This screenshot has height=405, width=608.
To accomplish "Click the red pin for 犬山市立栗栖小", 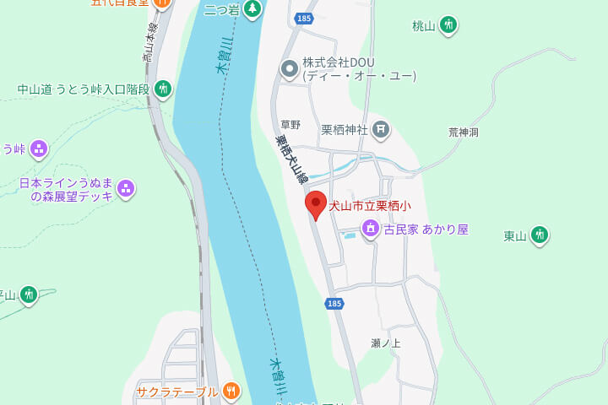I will tap(316, 205).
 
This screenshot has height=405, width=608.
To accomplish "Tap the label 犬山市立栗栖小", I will tap(370, 206).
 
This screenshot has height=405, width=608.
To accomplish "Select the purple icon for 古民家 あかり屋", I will tap(370, 228).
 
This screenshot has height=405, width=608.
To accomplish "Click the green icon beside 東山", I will tap(539, 235).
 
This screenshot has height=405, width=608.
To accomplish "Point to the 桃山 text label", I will tap(423, 26).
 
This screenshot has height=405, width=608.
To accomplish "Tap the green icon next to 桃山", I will tap(448, 25).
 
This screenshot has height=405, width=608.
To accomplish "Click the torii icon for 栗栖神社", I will tap(381, 129).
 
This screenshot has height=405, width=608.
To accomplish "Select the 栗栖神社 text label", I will tap(345, 130).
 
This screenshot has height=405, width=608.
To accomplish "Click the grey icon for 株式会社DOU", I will tap(290, 68).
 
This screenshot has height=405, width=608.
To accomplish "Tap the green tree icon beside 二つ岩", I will tap(252, 9).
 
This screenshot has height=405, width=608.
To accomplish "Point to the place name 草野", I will tap(290, 125).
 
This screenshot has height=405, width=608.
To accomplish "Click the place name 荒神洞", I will tap(464, 132).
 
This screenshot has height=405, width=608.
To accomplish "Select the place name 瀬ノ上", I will tap(386, 343).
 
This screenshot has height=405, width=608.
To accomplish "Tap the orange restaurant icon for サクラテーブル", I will tap(231, 391).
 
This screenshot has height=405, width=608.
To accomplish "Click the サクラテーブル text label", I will tap(176, 391).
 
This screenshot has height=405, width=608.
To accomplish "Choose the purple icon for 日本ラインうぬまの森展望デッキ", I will tap(126, 188).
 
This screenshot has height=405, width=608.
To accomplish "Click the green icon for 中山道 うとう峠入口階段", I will tap(163, 89).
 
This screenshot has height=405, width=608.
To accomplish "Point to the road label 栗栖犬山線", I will tap(292, 160).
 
